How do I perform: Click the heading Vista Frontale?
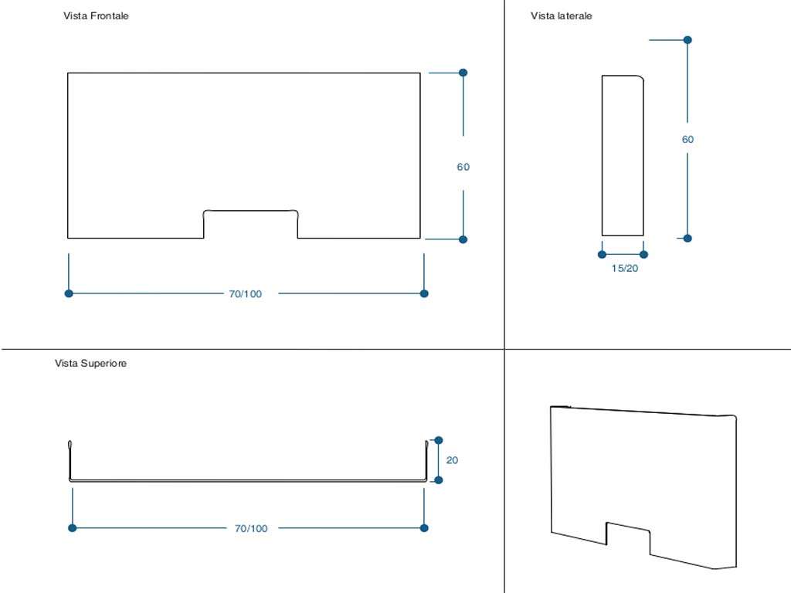tap(96, 16)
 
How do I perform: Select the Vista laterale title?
tap(562, 16)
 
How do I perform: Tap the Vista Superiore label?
tap(90, 364)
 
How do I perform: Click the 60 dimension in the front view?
tap(463, 167)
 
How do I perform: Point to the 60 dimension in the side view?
tap(687, 140)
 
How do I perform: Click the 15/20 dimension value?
tap(624, 269)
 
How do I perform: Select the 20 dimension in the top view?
tap(452, 460)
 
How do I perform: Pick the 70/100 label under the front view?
tap(246, 294)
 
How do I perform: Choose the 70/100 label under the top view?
tap(251, 529)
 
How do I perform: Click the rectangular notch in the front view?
tap(251, 224)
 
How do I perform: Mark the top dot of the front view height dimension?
tap(463, 73)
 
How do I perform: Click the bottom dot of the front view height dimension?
tap(463, 239)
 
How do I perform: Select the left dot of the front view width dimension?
tap(69, 293)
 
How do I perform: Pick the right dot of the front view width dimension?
tap(424, 293)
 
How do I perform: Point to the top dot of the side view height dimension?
tap(687, 39)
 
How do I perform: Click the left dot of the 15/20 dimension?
tap(603, 254)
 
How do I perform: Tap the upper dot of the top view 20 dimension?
tap(439, 440)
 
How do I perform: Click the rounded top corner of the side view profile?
tap(640, 79)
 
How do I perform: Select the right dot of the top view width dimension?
tap(424, 528)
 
